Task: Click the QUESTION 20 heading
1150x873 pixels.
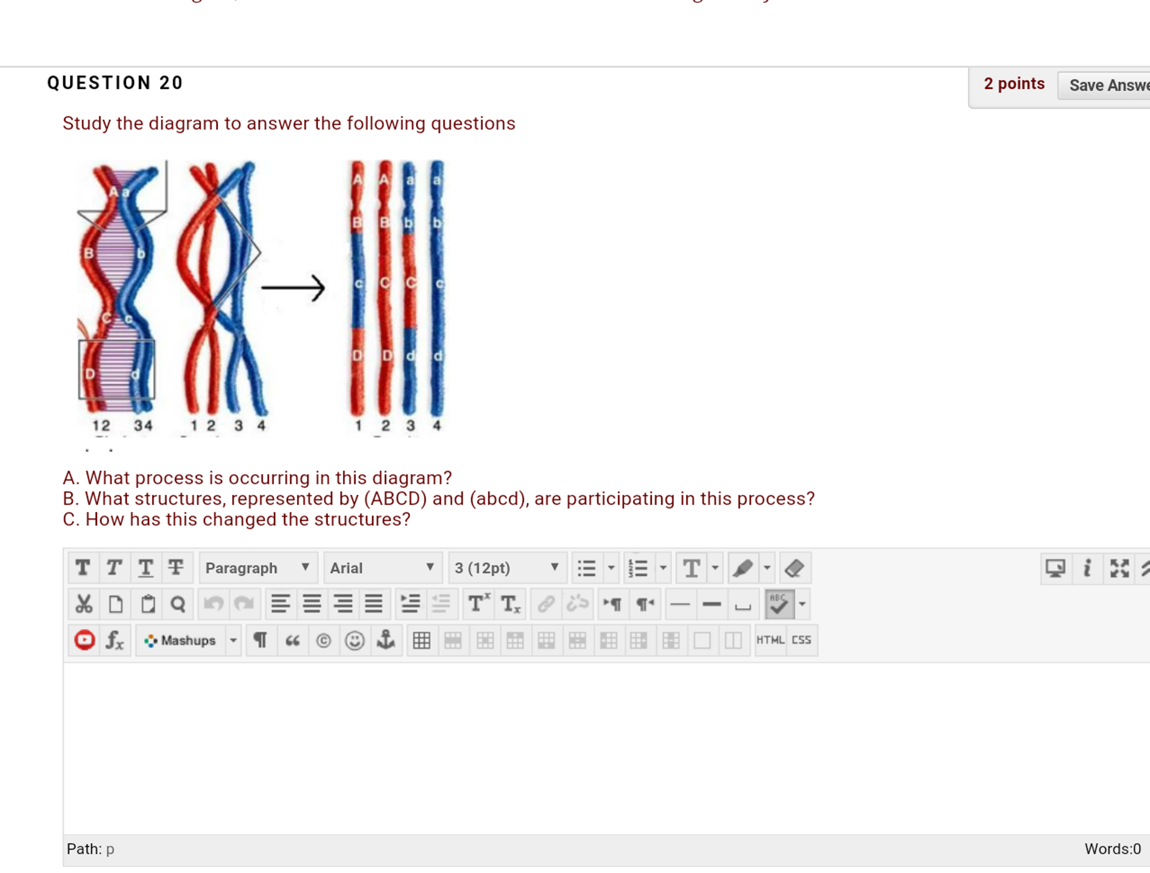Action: click(115, 83)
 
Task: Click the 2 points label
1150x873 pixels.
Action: click(1013, 84)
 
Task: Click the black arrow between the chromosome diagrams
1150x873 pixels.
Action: click(293, 288)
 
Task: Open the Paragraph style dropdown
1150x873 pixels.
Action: click(257, 568)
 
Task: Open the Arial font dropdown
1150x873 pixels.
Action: click(382, 568)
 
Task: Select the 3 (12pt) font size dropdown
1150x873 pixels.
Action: click(506, 568)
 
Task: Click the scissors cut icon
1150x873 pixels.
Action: click(84, 604)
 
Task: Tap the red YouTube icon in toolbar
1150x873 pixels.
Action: click(84, 640)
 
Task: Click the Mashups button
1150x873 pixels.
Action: click(180, 640)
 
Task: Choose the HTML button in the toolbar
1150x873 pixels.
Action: click(769, 640)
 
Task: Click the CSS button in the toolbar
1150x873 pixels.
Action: click(801, 640)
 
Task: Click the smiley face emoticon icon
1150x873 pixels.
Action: click(355, 640)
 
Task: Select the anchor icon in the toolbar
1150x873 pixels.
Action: click(386, 640)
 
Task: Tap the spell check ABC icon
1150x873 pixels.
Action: click(779, 604)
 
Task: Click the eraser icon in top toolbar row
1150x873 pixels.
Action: click(794, 568)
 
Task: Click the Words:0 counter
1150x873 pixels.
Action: click(1112, 849)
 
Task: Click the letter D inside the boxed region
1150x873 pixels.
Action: click(90, 374)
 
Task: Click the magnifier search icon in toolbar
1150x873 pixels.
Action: click(178, 604)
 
